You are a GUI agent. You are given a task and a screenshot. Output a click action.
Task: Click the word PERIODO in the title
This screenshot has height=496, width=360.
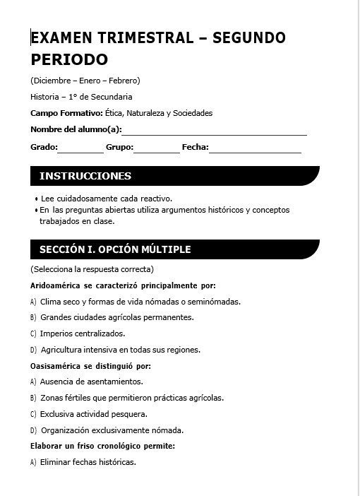coord(69,59)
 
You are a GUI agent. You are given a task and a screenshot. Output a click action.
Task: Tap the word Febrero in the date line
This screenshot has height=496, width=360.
coord(124,80)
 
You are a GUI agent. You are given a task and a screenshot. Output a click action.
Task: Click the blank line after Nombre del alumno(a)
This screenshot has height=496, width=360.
coord(215,131)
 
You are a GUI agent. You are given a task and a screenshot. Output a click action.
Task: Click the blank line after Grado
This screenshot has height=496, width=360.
coord(80,148)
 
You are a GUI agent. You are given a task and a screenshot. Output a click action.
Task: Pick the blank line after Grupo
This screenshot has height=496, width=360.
coord(157,148)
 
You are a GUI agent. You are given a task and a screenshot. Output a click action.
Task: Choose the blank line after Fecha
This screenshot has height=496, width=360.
coord(255,148)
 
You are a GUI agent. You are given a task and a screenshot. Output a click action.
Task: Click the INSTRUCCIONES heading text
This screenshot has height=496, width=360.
coord(85,176)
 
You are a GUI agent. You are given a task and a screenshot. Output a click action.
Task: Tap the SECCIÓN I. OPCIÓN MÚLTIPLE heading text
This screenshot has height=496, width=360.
coord(115,249)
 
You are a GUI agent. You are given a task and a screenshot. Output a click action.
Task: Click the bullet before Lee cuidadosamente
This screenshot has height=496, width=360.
coord(36,200)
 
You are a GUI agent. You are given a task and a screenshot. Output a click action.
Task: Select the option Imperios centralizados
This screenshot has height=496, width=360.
coord(83,333)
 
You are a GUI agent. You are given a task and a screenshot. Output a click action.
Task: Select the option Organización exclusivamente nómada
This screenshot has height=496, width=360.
coord(112,430)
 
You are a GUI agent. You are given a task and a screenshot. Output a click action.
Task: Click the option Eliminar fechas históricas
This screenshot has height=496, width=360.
coord(88,463)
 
